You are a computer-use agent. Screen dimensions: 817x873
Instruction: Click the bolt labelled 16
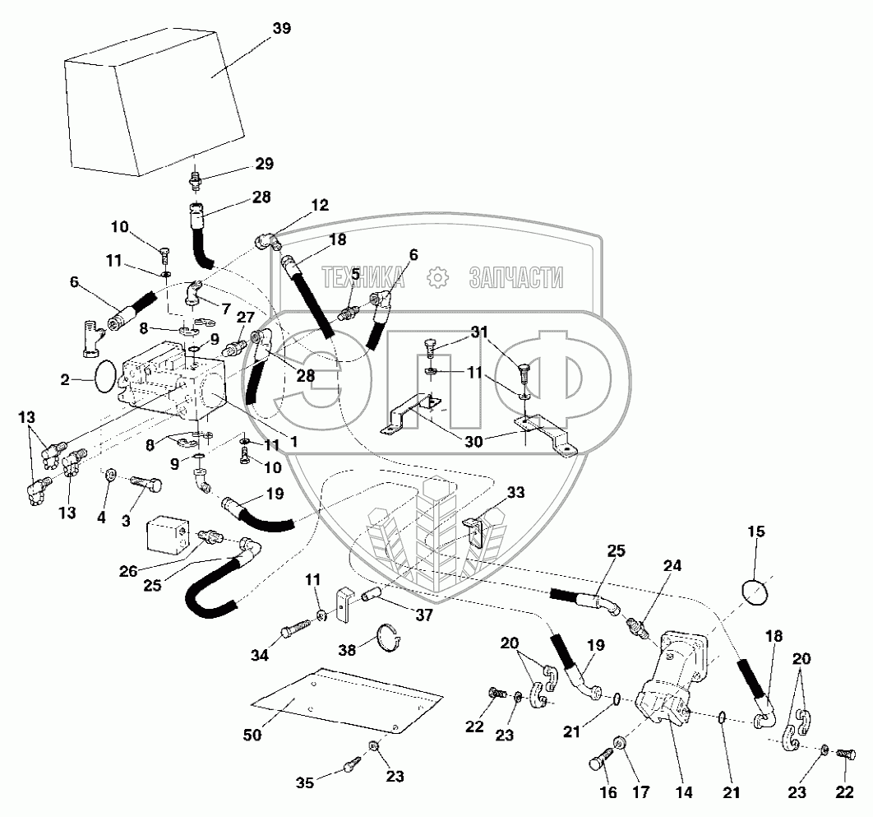pos(601,759)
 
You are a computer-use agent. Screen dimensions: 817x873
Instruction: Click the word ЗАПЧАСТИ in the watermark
pos(516,278)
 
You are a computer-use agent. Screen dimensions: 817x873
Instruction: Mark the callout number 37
pos(423,613)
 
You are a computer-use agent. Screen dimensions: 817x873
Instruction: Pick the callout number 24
pos(673,566)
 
